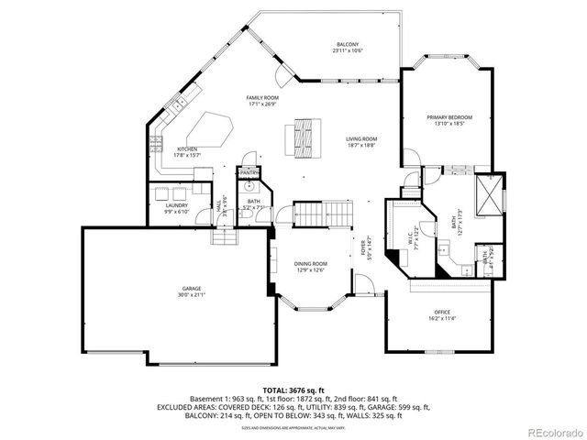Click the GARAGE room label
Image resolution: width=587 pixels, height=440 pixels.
click(x=191, y=289)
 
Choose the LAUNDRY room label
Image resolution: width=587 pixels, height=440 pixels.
click(x=176, y=205)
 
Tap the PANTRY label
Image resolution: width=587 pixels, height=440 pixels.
click(x=249, y=172)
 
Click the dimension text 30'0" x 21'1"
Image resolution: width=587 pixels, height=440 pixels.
click(x=191, y=295)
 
